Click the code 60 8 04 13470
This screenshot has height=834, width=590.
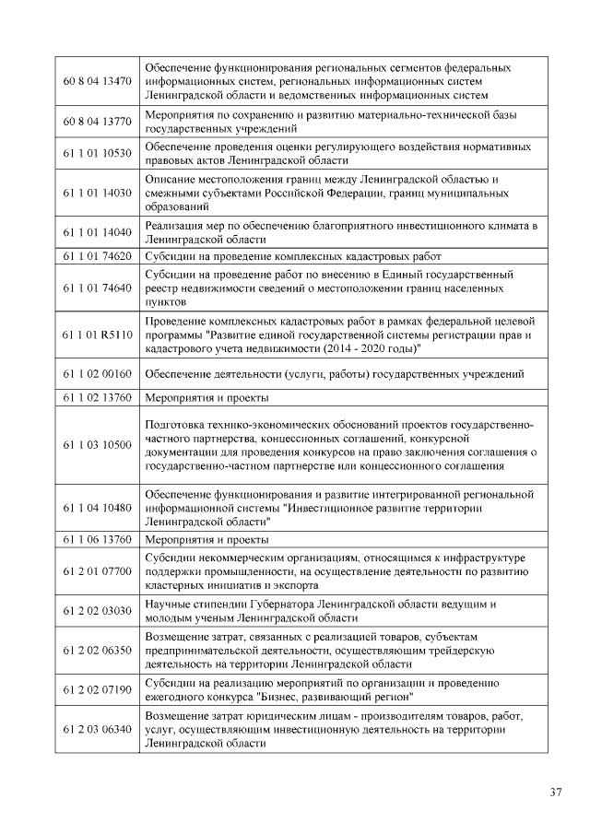click(x=98, y=82)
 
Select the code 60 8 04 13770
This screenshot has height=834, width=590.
click(x=98, y=121)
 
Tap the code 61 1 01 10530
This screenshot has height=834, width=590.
click(x=98, y=153)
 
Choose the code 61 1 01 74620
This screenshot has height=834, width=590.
click(x=98, y=256)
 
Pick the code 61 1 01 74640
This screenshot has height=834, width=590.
click(x=98, y=288)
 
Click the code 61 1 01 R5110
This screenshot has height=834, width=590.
click(x=98, y=335)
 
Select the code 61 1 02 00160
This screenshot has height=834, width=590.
click(x=98, y=374)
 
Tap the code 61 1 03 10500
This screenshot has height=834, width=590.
click(x=98, y=445)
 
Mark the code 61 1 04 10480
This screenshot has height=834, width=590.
click(x=98, y=508)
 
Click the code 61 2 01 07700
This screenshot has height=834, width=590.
click(x=98, y=571)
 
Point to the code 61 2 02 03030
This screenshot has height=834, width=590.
click(x=98, y=611)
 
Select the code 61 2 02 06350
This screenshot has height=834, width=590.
click(x=98, y=651)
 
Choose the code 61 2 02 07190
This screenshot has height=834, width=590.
click(x=98, y=689)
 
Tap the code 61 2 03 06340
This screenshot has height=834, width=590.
click(x=98, y=729)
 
